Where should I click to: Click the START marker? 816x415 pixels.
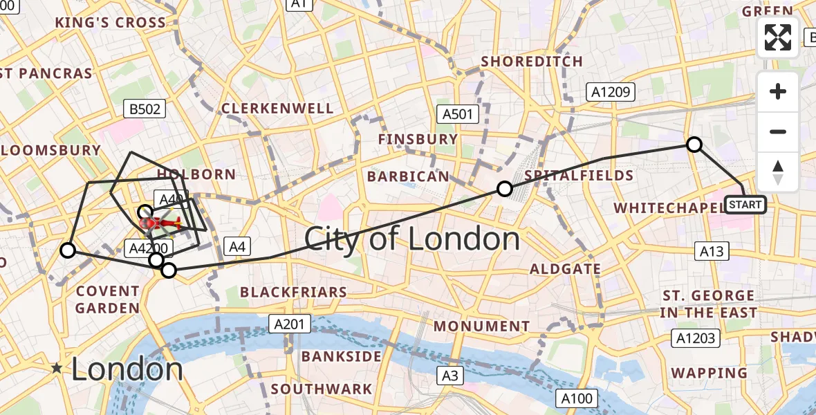click(x=745, y=205)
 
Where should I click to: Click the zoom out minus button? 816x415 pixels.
click(x=778, y=131)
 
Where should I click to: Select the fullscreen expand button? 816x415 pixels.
click(x=778, y=37)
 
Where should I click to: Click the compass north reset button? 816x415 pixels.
click(x=778, y=172)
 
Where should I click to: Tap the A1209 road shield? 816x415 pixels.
click(x=609, y=91)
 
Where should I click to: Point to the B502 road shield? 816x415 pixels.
click(x=144, y=109)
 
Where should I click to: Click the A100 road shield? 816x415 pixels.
click(x=577, y=398)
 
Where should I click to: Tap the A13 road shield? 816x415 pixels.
click(x=712, y=251)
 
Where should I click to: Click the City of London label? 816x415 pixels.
click(x=412, y=239)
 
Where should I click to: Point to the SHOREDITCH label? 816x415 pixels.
click(x=532, y=62)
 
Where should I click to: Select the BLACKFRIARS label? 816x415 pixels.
click(x=293, y=293)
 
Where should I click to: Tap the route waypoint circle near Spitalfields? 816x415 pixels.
click(x=505, y=188)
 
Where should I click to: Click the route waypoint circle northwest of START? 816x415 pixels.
click(x=694, y=145)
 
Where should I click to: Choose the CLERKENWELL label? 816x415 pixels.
click(x=277, y=109)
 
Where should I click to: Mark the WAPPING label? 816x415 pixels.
click(x=709, y=373)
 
